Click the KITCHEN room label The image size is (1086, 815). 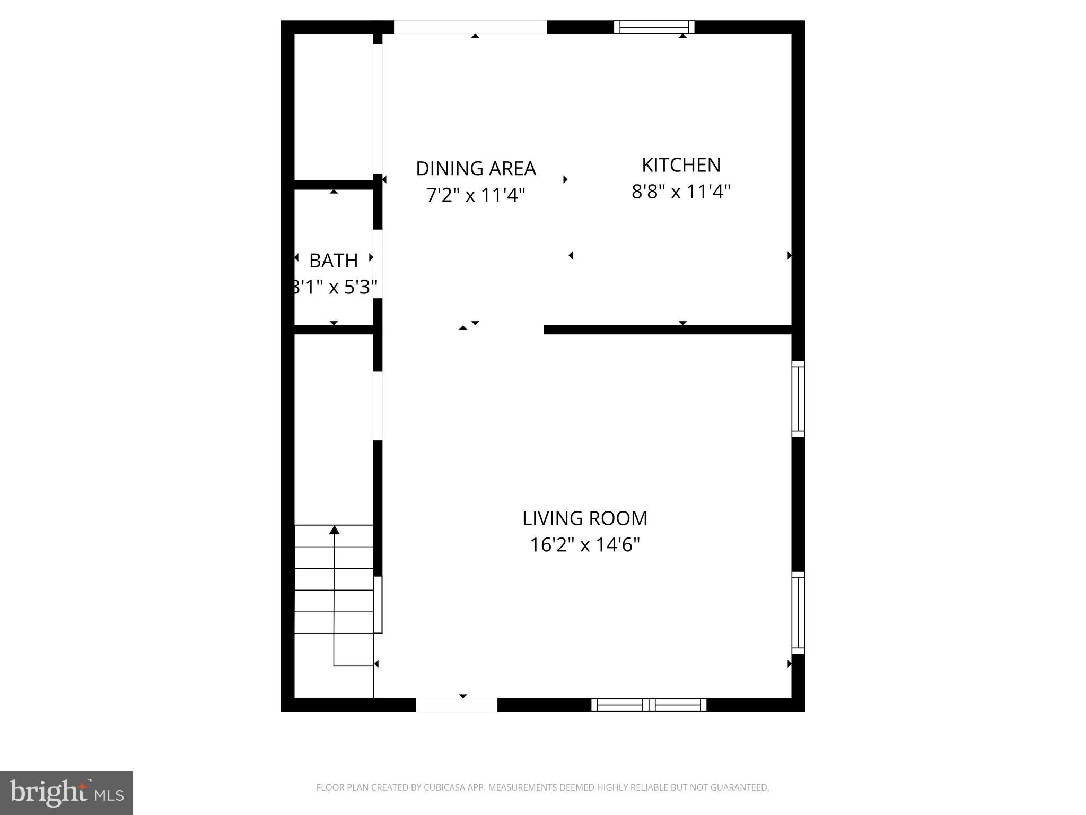pyautogui.click(x=681, y=165)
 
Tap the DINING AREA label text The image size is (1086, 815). pyautogui.click(x=476, y=169)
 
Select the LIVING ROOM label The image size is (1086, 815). pyautogui.click(x=585, y=518)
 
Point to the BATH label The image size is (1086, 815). pyautogui.click(x=334, y=261)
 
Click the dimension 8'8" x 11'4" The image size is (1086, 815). pyautogui.click(x=681, y=192)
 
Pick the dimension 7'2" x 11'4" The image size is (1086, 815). pyautogui.click(x=476, y=195)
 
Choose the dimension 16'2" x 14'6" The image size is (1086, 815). pyautogui.click(x=585, y=545)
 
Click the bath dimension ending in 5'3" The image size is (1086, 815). pyautogui.click(x=335, y=288)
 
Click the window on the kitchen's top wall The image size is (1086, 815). pyautogui.click(x=654, y=27)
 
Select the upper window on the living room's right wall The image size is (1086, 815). pyautogui.click(x=798, y=399)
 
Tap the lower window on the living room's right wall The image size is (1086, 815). pyautogui.click(x=798, y=613)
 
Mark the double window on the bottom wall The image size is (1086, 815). pyautogui.click(x=649, y=705)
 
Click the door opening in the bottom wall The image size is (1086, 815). pyautogui.click(x=456, y=705)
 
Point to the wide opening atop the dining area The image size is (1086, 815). pyautogui.click(x=470, y=27)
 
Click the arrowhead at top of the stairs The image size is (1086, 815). pyautogui.click(x=334, y=530)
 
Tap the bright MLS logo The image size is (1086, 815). pyautogui.click(x=66, y=793)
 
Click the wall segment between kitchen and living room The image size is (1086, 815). pyautogui.click(x=668, y=330)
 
